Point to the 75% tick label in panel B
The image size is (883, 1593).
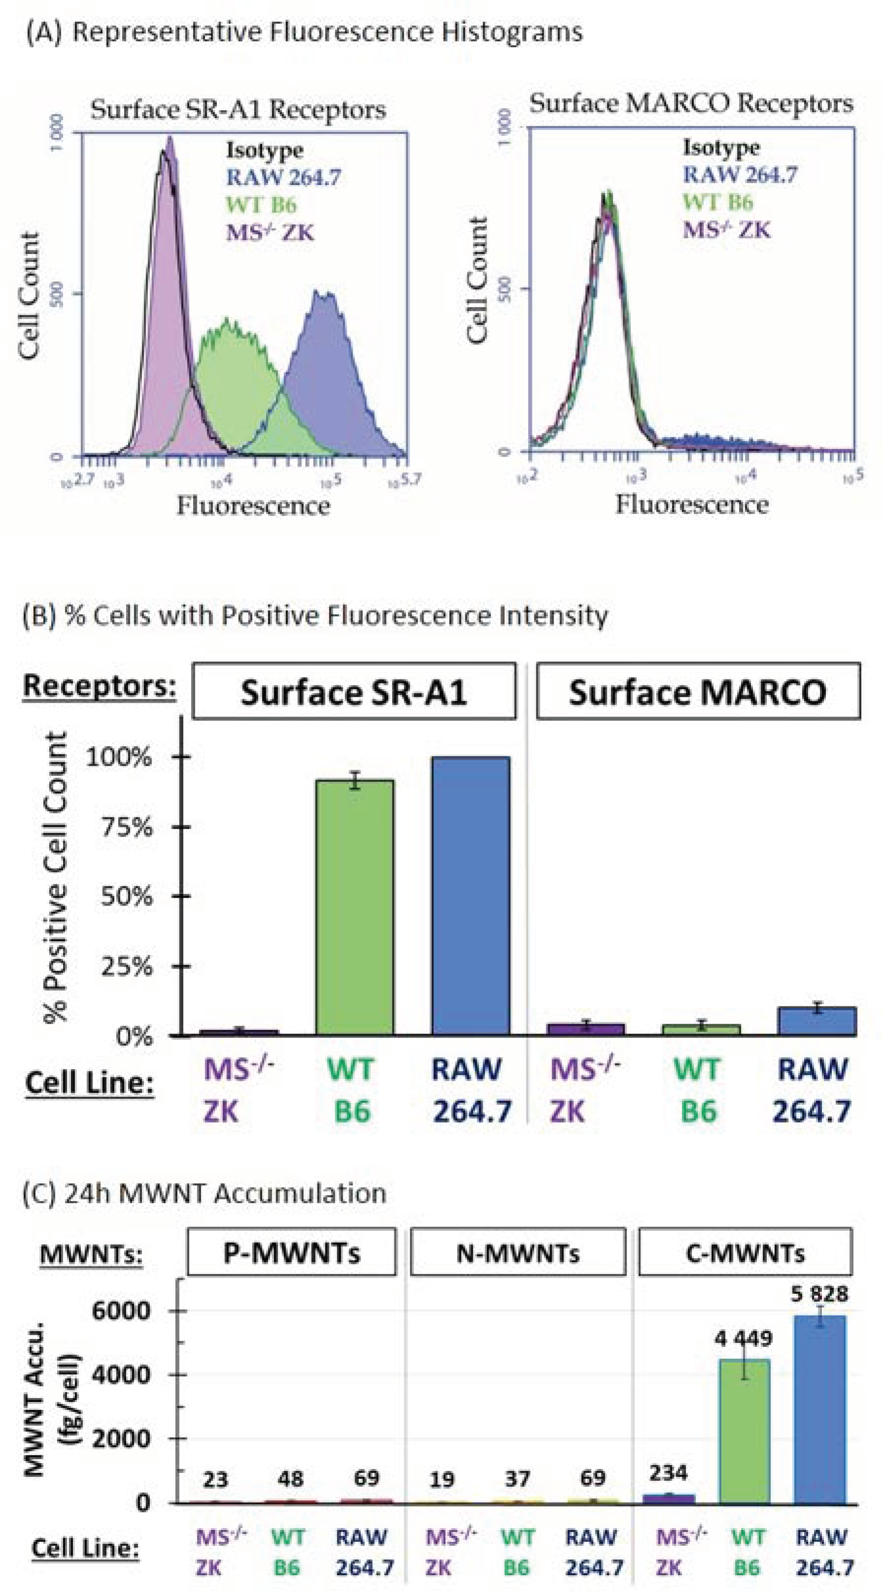point(127,827)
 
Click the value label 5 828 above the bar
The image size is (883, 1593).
point(820,1294)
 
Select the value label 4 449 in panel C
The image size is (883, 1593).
point(743,1339)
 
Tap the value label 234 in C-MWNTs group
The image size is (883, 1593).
point(668,1472)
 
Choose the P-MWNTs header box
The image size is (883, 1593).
point(292,1252)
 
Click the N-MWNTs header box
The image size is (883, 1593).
point(518,1252)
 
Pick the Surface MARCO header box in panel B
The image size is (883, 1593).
point(697,691)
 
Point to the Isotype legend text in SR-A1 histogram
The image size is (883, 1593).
point(264,150)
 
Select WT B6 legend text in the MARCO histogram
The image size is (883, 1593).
point(718,202)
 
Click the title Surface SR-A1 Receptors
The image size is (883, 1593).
point(238,110)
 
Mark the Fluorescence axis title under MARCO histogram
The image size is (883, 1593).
point(692,504)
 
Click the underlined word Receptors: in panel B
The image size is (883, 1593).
point(99,686)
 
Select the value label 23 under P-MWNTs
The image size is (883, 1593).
point(215,1480)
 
